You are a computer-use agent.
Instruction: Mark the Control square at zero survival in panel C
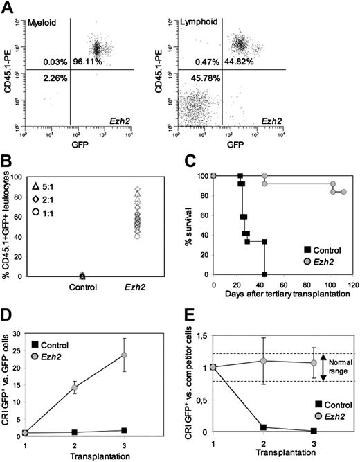point(264,274)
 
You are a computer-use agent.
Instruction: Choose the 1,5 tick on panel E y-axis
point(204,335)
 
